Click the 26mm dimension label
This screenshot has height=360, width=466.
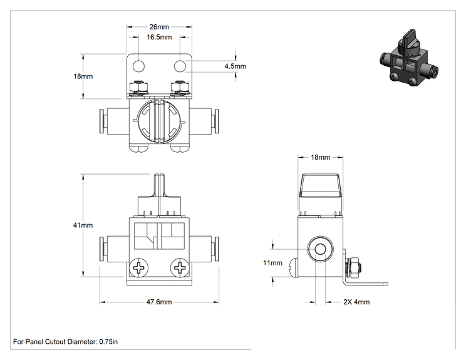(159, 27)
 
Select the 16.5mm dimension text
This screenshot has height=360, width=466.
(159, 37)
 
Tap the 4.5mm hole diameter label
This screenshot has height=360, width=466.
(236, 66)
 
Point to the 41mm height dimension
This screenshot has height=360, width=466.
(83, 225)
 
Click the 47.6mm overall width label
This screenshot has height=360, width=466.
(159, 302)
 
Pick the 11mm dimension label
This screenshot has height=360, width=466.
(272, 263)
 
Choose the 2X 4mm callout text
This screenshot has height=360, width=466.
(356, 302)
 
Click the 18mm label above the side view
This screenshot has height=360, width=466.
(321, 157)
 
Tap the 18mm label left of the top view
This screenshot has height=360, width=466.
(83, 76)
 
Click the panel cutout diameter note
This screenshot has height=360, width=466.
(65, 342)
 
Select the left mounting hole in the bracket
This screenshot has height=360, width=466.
(138, 66)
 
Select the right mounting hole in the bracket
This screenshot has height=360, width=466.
(180, 66)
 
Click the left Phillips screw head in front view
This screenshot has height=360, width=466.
(138, 267)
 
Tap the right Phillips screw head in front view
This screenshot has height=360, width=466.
(180, 267)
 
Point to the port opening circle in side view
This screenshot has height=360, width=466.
(320, 249)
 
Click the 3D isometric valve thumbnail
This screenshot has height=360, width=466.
(409, 58)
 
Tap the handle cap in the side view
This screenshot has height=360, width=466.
(320, 186)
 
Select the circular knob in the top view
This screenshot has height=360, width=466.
(159, 121)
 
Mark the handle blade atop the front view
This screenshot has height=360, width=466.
(159, 185)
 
